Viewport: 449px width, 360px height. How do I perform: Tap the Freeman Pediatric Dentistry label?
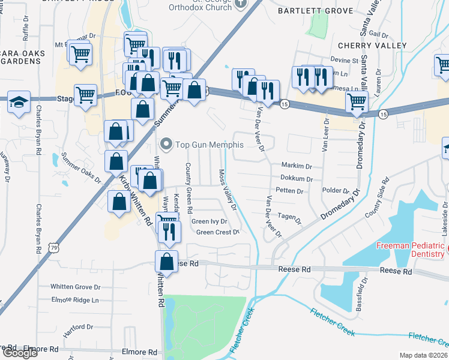pyautogui.click(x=410, y=251)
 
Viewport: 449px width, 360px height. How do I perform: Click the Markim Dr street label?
pyautogui.click(x=296, y=165)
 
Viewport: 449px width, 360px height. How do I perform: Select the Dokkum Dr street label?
pyautogui.click(x=296, y=178)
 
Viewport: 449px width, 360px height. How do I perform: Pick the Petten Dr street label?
pyautogui.click(x=290, y=191)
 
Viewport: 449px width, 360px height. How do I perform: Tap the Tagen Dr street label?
pyautogui.click(x=289, y=217)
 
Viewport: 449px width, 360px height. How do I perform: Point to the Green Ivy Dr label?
pyautogui.click(x=209, y=221)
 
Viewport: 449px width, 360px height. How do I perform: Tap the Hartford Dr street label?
pyautogui.click(x=78, y=327)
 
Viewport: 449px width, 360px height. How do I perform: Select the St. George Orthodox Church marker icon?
pyautogui.click(x=241, y=3)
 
